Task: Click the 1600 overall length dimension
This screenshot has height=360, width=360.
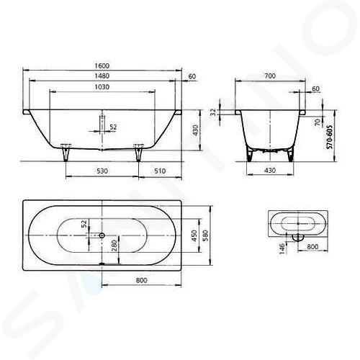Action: click(x=102, y=66)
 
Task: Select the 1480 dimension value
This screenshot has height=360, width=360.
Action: click(x=102, y=76)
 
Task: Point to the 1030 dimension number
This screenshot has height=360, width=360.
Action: click(x=102, y=87)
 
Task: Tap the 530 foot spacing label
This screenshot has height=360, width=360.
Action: click(x=102, y=171)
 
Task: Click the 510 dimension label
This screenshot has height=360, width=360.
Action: click(x=160, y=171)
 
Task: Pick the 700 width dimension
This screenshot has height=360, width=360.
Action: click(x=270, y=76)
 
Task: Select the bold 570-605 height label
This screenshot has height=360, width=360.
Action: click(x=330, y=137)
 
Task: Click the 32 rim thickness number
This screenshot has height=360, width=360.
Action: click(x=213, y=112)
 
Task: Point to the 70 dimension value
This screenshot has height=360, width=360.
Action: click(x=318, y=122)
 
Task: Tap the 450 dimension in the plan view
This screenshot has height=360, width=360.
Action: click(x=194, y=235)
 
